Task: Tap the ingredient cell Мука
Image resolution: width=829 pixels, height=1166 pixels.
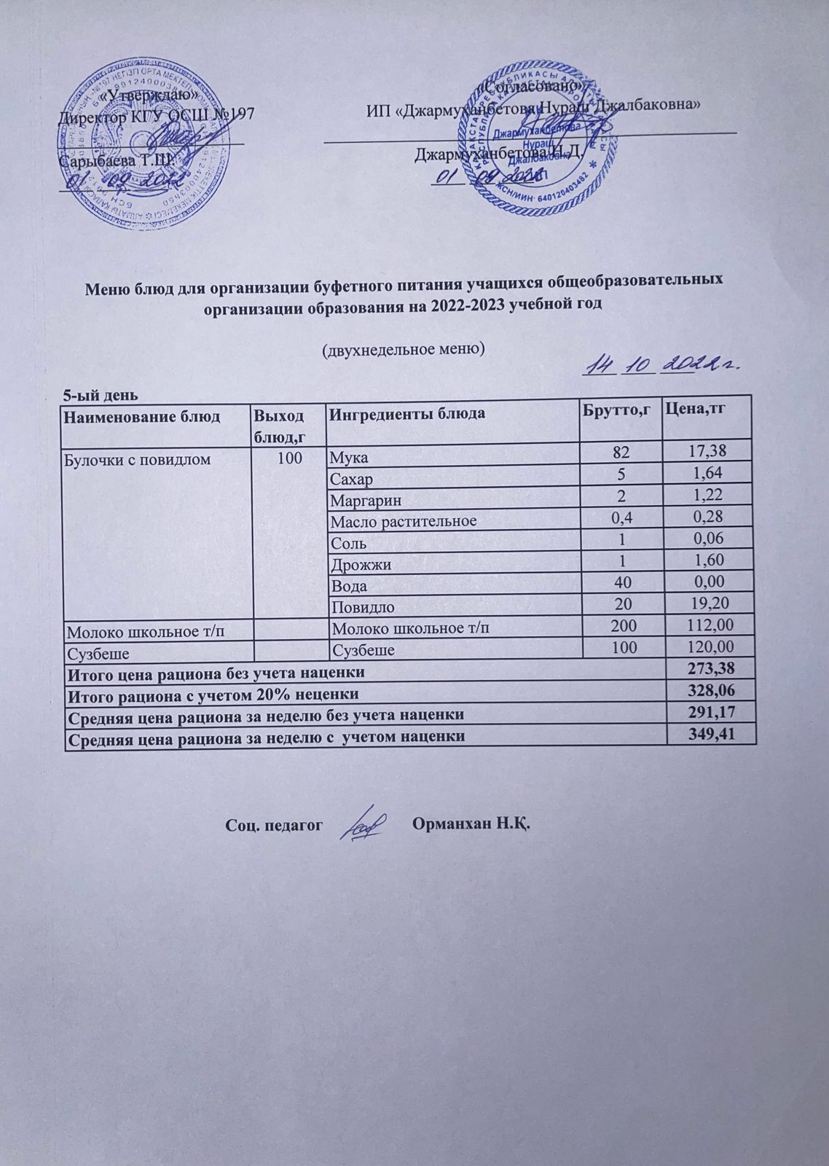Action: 349,458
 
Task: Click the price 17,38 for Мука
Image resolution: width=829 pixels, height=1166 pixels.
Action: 709,453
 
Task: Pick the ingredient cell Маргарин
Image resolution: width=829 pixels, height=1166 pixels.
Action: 366,501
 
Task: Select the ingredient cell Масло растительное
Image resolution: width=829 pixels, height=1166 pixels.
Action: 404,521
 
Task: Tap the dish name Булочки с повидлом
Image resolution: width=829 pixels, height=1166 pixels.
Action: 138,459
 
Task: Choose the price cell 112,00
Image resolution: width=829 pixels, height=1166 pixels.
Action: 705,625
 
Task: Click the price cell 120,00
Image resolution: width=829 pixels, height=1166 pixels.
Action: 705,646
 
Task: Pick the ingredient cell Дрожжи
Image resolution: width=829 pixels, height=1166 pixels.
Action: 361,565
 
